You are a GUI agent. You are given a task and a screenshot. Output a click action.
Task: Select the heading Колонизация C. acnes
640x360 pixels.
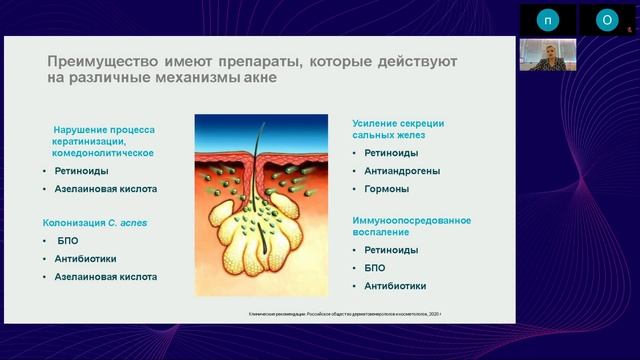click(94, 222)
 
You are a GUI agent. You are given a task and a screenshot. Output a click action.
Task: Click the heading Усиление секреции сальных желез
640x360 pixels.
click(397, 129)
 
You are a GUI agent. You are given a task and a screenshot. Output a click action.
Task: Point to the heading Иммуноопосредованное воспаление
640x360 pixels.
click(411, 225)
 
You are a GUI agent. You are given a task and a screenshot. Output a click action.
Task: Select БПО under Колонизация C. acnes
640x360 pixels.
click(68, 241)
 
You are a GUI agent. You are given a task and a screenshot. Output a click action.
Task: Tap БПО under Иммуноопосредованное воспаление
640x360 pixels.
click(376, 269)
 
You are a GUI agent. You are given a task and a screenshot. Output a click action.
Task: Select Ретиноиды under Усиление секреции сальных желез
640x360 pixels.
click(391, 154)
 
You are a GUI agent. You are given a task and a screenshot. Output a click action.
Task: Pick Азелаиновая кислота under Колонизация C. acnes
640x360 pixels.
click(106, 277)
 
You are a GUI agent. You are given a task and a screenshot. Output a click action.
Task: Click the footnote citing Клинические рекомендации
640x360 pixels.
click(345, 313)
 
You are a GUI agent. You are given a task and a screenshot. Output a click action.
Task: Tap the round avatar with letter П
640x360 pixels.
click(546, 20)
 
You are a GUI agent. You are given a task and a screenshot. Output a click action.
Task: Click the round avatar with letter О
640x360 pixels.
click(606, 20)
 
